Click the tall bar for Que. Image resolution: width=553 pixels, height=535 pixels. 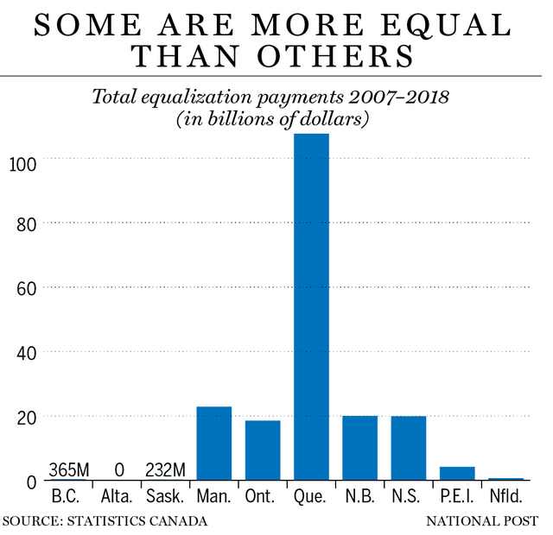click(x=311, y=306)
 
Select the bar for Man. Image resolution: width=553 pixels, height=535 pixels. click(x=214, y=443)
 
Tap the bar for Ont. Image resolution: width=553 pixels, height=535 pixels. click(x=263, y=450)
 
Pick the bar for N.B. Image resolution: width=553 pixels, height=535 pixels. click(x=359, y=447)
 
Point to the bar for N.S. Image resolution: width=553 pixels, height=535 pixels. click(x=408, y=447)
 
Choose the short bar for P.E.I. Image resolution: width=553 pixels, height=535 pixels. click(x=457, y=473)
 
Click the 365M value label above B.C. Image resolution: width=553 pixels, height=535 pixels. click(x=70, y=469)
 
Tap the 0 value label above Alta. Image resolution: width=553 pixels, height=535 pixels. click(x=118, y=469)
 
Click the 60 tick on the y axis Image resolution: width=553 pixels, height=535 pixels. click(x=25, y=287)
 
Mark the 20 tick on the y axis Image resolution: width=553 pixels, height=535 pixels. click(x=25, y=416)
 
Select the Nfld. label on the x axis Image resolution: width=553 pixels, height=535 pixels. click(x=505, y=499)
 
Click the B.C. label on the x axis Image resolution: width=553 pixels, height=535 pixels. click(x=69, y=499)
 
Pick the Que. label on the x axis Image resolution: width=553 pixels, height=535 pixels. click(x=312, y=499)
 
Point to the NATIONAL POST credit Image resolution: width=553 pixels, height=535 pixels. click(x=481, y=521)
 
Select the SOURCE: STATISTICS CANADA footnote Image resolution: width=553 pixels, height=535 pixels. click(x=105, y=521)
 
